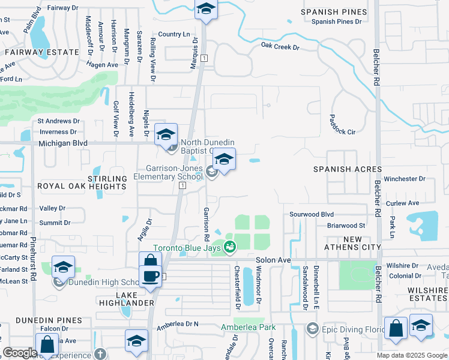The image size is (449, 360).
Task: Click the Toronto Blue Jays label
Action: (x=187, y=248)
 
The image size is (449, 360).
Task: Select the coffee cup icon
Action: (x=149, y=275)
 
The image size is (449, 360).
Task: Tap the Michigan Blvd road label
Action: (x=62, y=143)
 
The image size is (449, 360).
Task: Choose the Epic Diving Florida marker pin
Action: (x=312, y=328)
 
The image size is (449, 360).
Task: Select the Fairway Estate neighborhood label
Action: (x=43, y=52)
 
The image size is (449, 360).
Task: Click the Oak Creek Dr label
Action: (x=279, y=45)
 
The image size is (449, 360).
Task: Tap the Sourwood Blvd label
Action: (x=311, y=214)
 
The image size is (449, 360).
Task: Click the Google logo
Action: (x=20, y=353)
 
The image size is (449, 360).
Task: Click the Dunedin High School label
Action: (x=100, y=283)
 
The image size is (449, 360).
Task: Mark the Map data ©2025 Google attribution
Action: (x=411, y=355)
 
